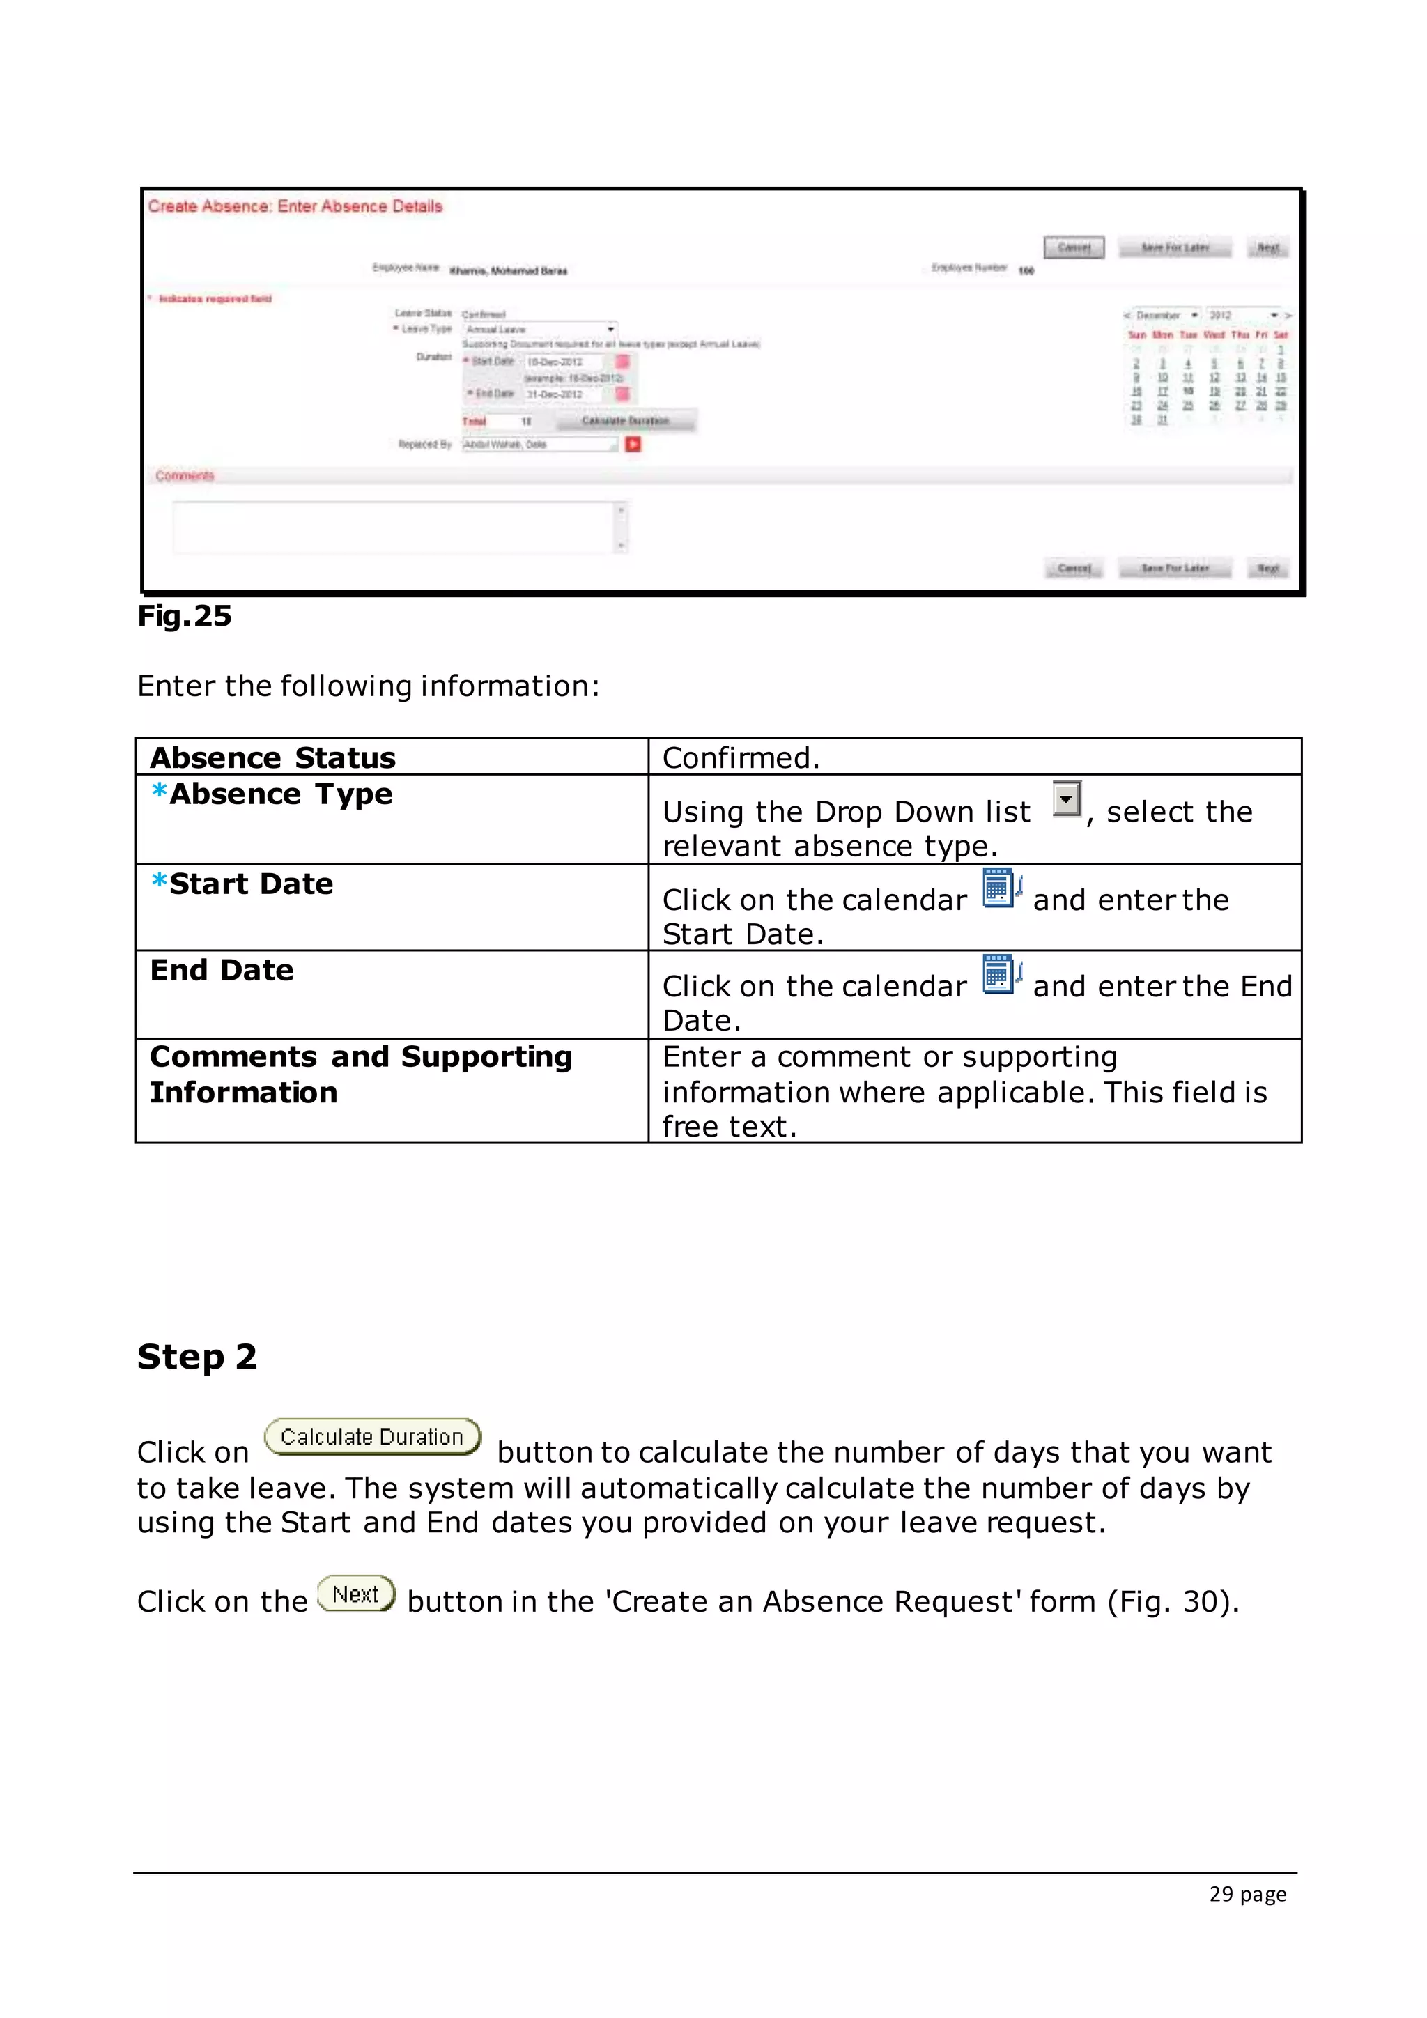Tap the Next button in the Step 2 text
point(356,1594)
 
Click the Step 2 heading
point(196,1357)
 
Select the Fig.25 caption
point(185,616)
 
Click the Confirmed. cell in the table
point(741,757)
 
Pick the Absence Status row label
point(272,757)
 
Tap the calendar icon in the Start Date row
point(1001,888)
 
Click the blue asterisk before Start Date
point(159,881)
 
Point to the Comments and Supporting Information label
point(360,1073)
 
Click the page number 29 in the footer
point(1221,1894)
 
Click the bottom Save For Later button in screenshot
point(1175,568)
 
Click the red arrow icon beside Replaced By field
point(633,445)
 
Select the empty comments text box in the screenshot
point(395,527)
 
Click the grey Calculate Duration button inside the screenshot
point(625,421)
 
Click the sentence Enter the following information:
point(368,686)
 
